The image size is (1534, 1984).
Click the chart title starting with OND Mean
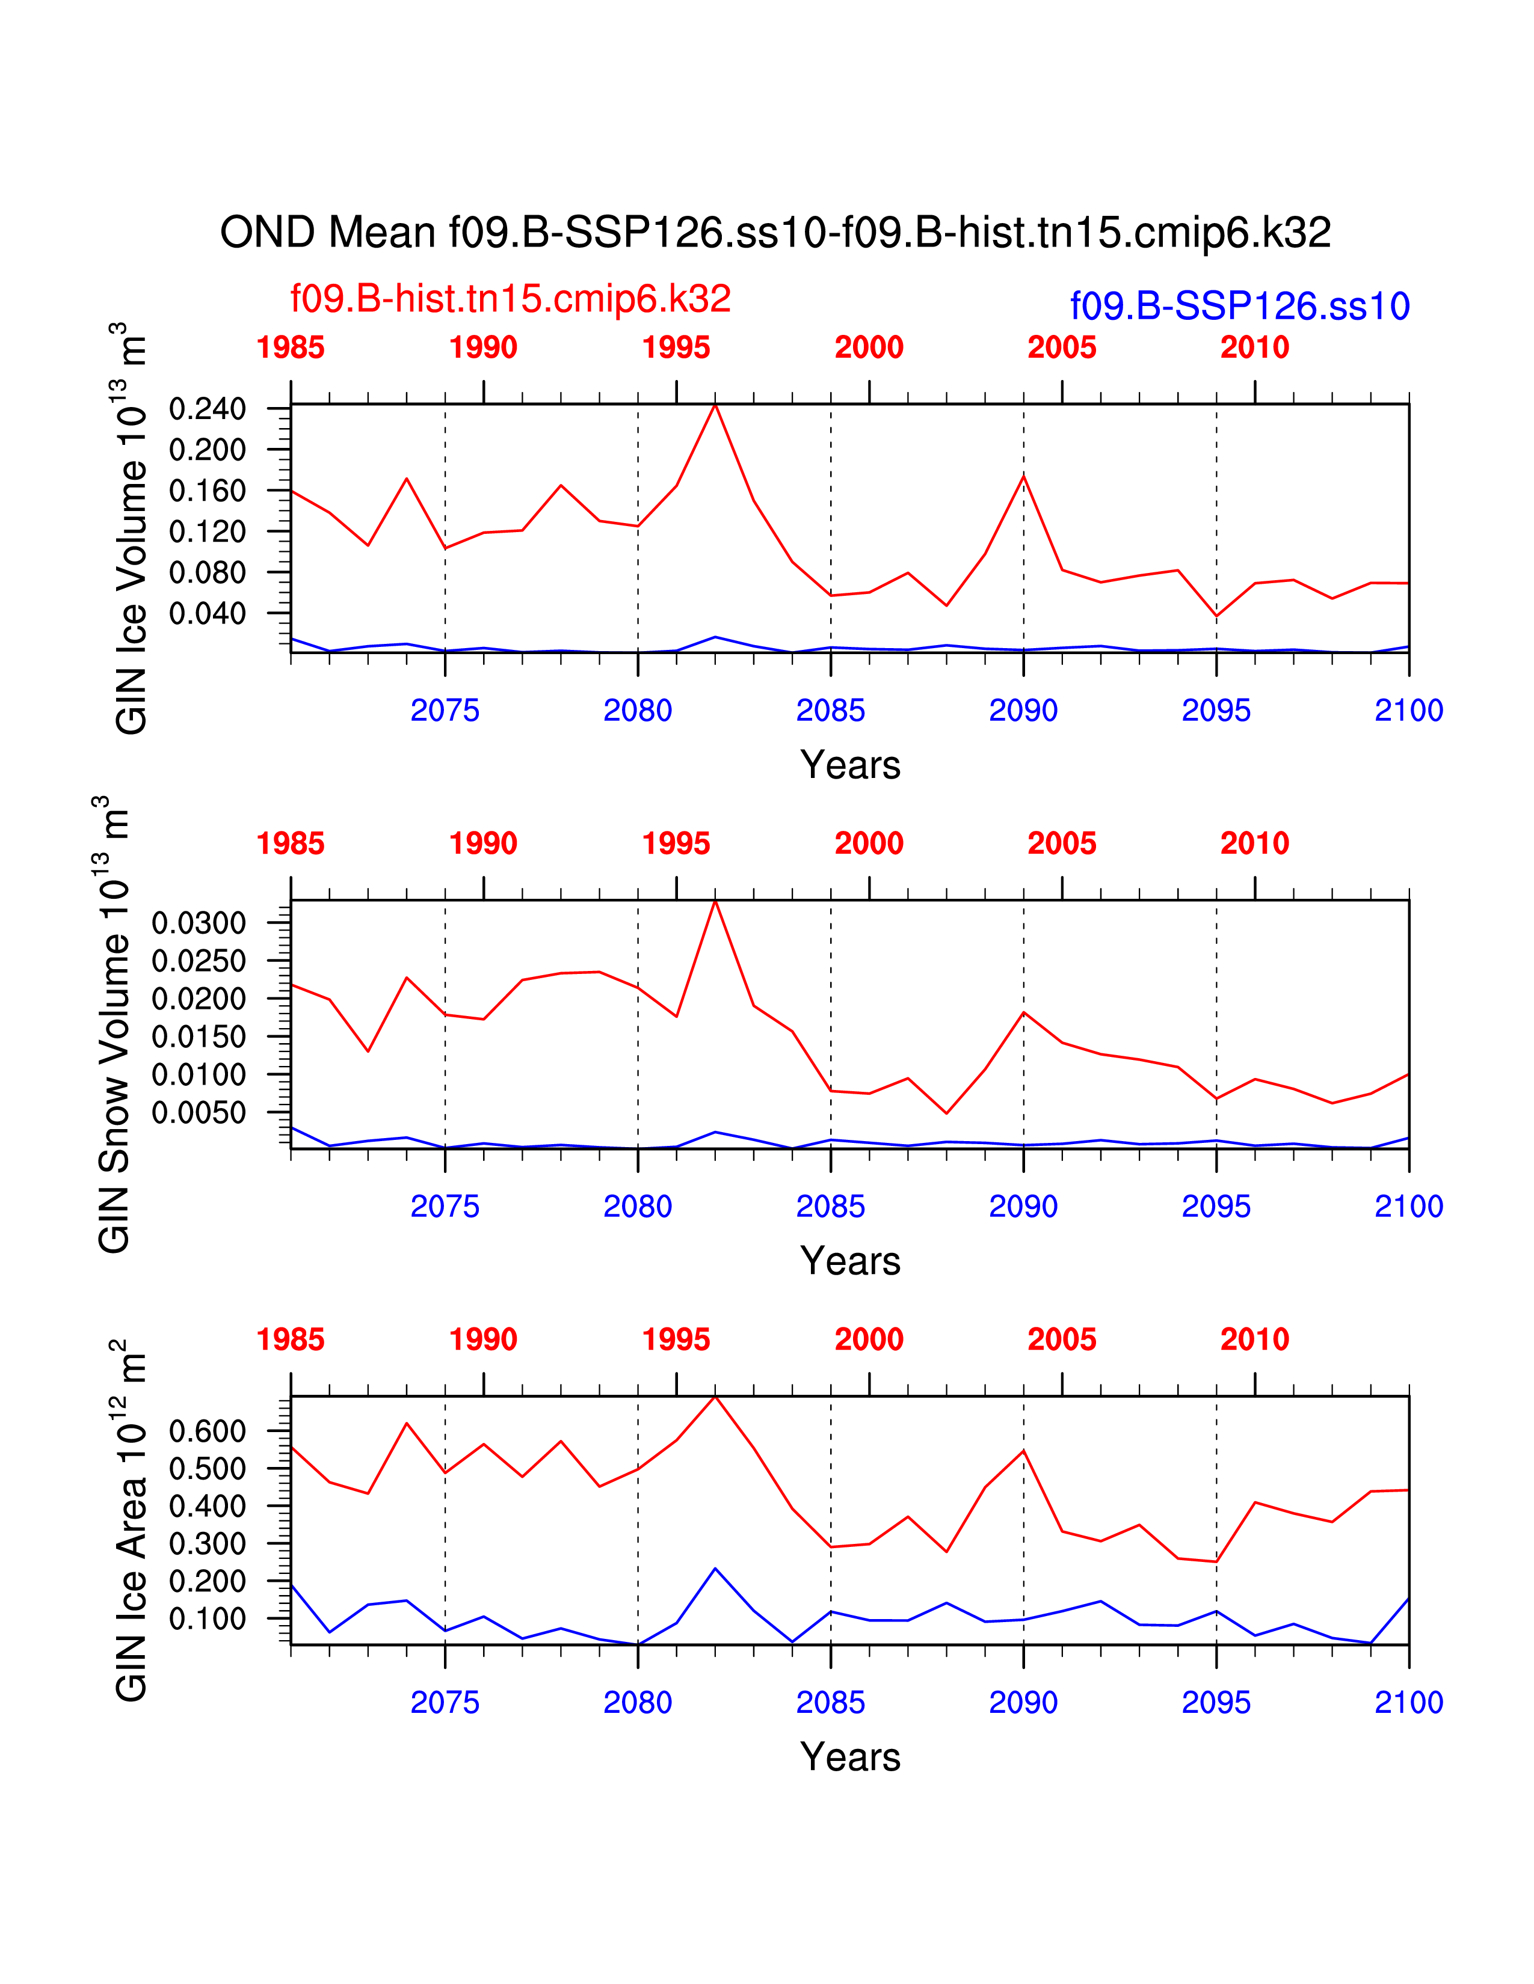(775, 233)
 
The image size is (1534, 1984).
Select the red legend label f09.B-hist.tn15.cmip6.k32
(510, 299)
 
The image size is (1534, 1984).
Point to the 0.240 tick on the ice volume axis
(207, 409)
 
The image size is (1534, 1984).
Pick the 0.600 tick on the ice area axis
(207, 1431)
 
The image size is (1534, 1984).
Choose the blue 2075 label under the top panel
(445, 711)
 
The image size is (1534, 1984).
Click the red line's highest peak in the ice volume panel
(715, 405)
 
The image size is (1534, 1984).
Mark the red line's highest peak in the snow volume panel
(715, 901)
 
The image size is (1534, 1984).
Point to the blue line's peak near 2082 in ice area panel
(715, 1568)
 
